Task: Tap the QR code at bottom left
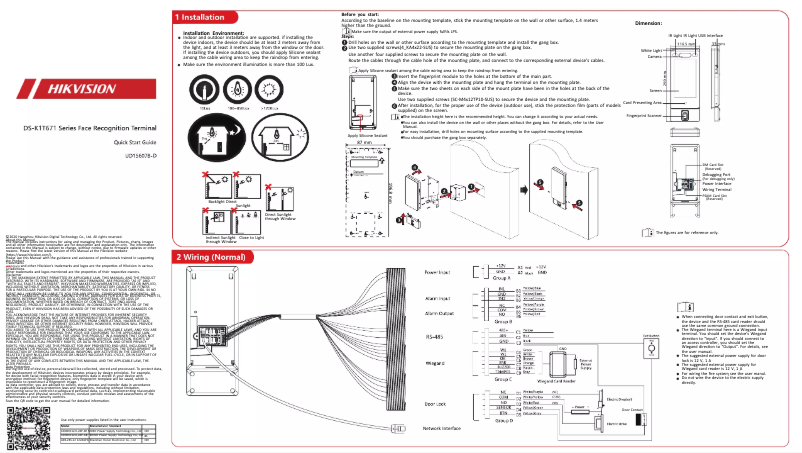[x=24, y=425]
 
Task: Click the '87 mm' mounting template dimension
[x=364, y=144]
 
